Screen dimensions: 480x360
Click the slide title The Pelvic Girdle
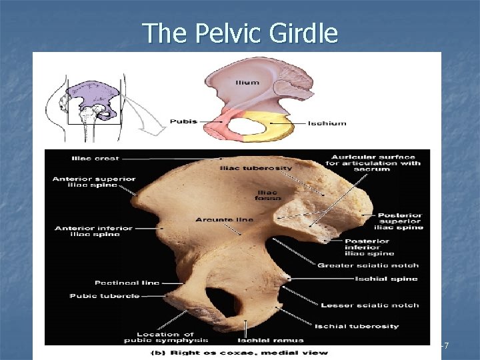coord(240,33)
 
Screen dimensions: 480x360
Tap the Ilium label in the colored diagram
coord(246,82)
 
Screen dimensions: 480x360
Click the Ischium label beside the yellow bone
coord(327,123)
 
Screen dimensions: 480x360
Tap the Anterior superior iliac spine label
coord(94,183)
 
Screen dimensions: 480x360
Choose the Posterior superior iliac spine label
coord(400,221)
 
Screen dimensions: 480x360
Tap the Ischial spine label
coord(387,279)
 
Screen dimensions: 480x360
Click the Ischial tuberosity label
coord(367,326)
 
